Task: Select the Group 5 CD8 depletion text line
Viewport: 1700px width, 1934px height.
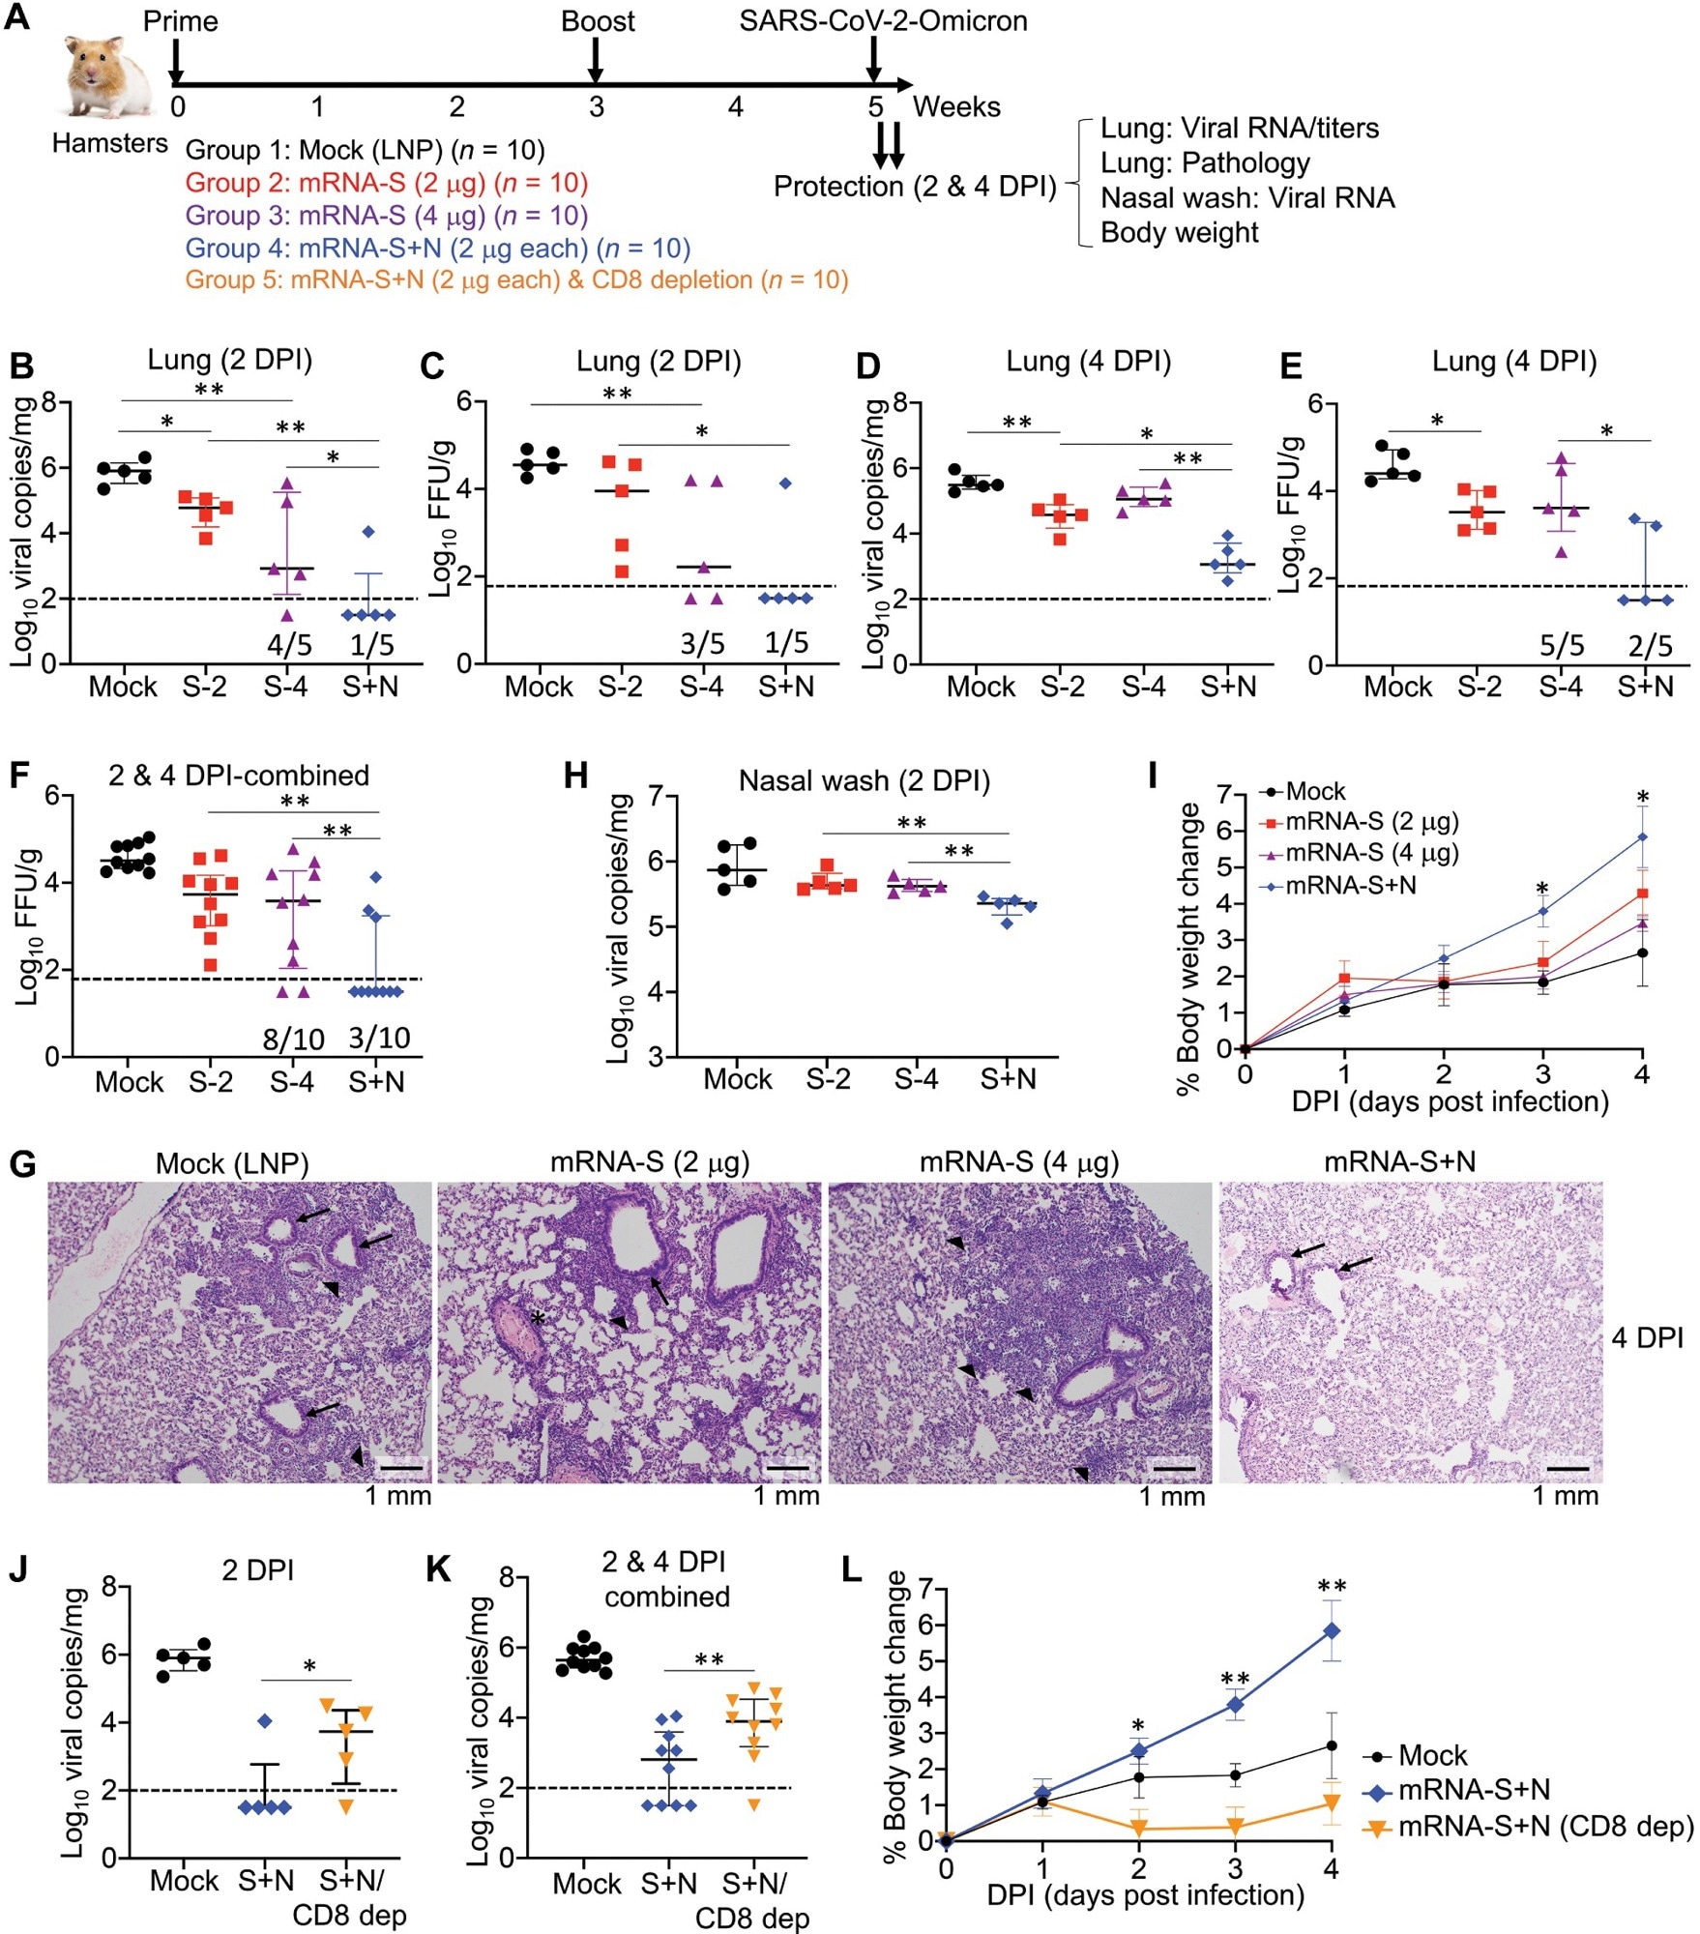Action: [516, 280]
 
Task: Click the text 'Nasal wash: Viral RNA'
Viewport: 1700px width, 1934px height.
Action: [1247, 198]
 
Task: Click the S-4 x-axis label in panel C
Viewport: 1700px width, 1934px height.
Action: [701, 687]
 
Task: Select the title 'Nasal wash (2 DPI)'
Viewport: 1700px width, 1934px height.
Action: [864, 780]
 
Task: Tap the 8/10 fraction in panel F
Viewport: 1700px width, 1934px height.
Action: [293, 1039]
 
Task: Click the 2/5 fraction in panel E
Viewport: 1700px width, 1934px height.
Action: [1650, 645]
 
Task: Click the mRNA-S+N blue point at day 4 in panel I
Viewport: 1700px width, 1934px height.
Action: [1642, 837]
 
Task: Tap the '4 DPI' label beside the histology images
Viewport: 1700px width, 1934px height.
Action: [1648, 1338]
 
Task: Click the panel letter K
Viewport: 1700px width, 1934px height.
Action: [439, 1568]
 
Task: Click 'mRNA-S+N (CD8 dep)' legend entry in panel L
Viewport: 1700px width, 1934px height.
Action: [1545, 1826]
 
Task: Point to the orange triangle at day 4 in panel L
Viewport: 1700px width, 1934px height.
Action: [1331, 1802]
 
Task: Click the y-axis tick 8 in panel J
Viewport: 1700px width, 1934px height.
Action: [109, 1587]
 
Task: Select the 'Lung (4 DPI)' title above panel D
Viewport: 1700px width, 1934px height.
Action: [1088, 361]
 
